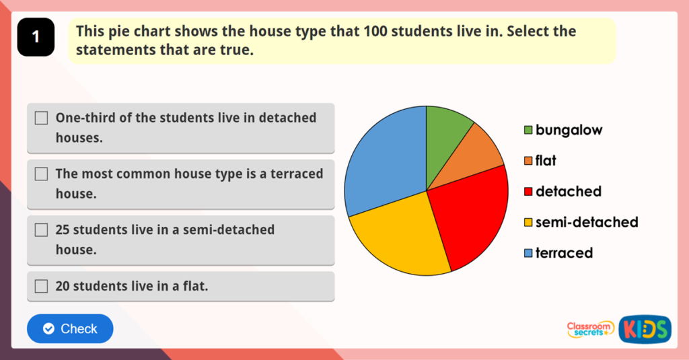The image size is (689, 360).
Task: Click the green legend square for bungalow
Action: point(528,130)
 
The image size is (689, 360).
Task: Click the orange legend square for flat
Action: point(528,161)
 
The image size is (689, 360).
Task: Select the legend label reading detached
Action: point(569,192)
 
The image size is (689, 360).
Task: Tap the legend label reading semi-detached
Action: point(587,222)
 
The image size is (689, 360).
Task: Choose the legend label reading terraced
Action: point(564,253)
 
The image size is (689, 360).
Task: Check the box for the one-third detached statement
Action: point(42,118)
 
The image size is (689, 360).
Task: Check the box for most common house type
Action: point(42,174)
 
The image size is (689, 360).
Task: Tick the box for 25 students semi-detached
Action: point(42,229)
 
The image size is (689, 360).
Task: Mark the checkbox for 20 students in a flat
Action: point(42,286)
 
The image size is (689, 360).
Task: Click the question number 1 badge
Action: point(36,37)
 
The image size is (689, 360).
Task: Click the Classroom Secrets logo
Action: point(590,329)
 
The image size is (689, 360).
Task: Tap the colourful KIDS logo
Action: point(645,329)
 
